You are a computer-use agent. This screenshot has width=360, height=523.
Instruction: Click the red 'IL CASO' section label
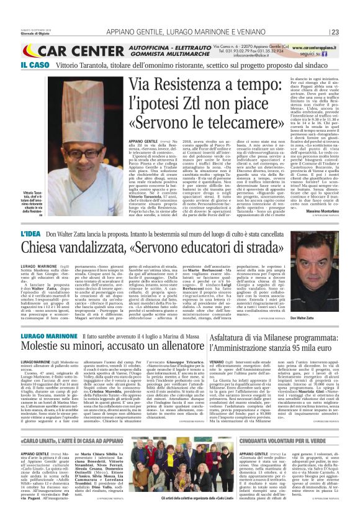click(x=19, y=65)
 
